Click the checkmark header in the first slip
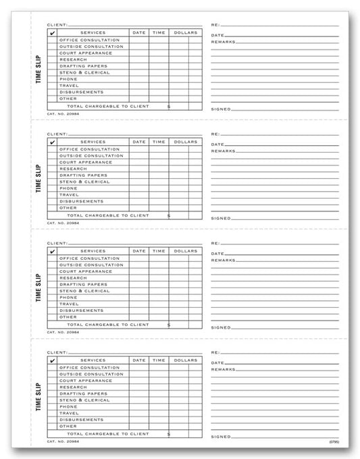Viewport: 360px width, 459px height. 53,32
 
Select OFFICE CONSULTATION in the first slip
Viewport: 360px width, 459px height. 89,40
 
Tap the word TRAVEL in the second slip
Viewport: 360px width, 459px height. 69,194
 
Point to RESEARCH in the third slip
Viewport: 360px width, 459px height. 72,277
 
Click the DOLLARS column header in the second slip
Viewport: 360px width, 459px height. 184,142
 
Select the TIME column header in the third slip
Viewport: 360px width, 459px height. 159,252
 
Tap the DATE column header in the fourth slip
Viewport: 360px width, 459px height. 139,360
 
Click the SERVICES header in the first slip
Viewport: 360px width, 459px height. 93,32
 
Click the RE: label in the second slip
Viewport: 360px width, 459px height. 215,134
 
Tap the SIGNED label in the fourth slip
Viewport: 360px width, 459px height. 221,436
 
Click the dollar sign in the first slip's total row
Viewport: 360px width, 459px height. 168,107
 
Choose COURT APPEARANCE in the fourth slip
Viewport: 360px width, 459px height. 86,380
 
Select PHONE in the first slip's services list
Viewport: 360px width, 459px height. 68,78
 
